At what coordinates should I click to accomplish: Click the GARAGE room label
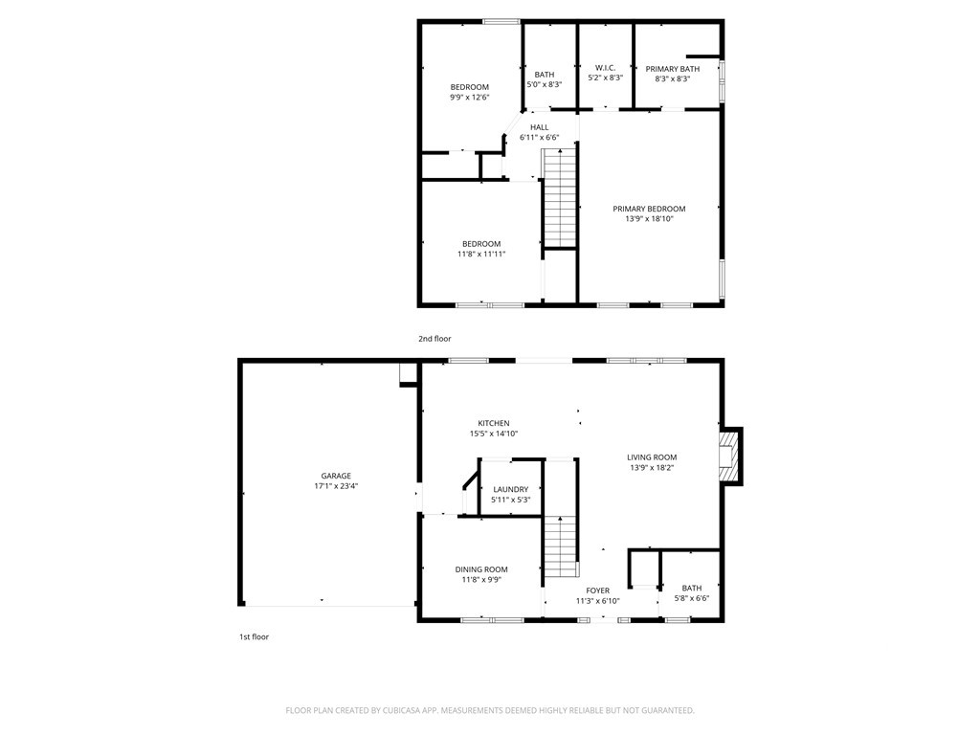[336, 476]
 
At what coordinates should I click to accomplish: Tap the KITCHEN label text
[494, 423]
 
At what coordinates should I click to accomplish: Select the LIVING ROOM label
[652, 457]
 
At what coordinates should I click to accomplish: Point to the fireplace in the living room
[728, 457]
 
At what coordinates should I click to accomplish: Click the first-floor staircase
[561, 547]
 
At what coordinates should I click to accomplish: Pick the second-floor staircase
[559, 198]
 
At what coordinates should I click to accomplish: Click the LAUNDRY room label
[511, 489]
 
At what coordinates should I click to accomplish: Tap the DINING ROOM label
[481, 569]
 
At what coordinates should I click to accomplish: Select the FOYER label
[597, 590]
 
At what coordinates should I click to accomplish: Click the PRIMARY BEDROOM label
[650, 209]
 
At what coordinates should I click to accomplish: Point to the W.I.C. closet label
[605, 68]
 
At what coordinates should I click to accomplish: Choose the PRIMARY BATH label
[673, 69]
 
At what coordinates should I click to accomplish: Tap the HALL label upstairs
[540, 127]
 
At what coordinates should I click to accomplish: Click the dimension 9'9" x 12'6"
[469, 98]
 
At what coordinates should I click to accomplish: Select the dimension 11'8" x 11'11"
[481, 255]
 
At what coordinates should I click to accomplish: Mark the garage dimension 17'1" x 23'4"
[336, 486]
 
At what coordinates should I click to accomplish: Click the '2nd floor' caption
[434, 339]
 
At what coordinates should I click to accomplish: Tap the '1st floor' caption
[254, 636]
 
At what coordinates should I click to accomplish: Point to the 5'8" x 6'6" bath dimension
[692, 598]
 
